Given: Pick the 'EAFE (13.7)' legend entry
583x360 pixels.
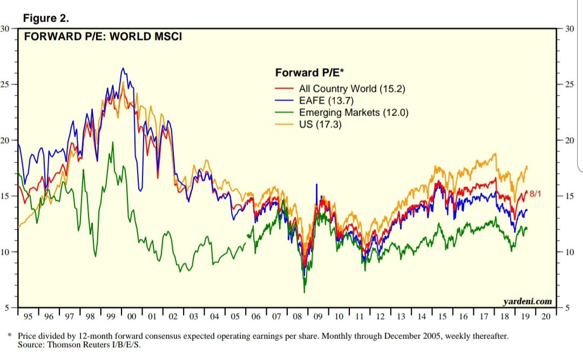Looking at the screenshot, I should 327,100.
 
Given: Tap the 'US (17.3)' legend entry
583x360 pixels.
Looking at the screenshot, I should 320,124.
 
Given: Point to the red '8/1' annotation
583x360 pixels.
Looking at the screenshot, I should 535,193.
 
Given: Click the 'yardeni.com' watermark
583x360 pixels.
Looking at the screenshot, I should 527,301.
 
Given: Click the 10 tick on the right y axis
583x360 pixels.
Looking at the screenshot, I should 568,252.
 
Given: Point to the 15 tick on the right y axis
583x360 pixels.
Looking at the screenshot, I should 568,196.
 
